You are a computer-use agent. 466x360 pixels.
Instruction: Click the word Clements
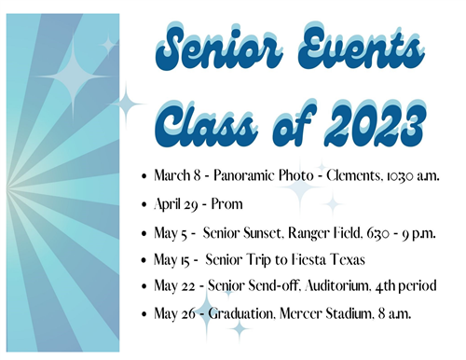click(x=328, y=175)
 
